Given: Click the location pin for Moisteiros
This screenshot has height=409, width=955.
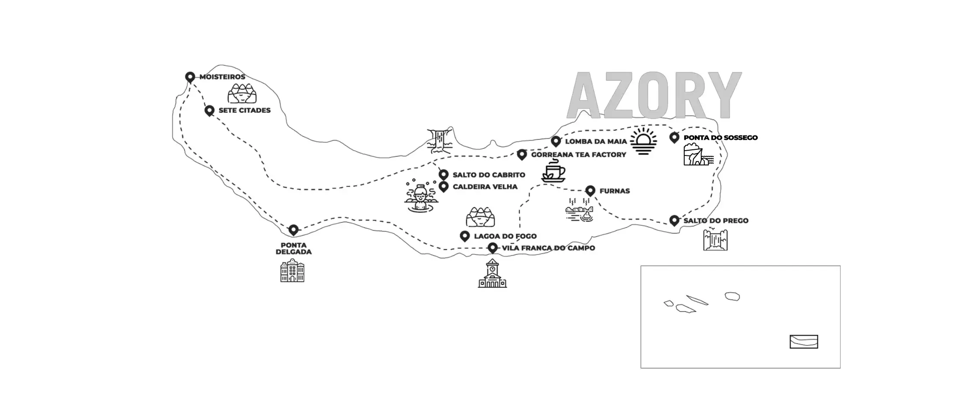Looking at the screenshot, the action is tap(189, 77).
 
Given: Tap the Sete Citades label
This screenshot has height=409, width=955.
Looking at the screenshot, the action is tap(244, 110).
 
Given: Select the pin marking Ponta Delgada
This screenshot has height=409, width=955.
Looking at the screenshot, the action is tap(294, 230).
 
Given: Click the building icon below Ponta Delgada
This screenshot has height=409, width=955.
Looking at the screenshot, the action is tap(292, 270).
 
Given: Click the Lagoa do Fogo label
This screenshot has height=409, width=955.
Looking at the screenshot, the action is tap(505, 236).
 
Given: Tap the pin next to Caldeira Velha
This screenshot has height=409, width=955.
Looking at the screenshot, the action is tap(444, 187).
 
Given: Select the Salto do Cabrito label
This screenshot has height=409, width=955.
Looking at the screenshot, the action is tap(489, 175).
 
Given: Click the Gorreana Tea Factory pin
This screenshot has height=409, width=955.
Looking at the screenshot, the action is tap(522, 155).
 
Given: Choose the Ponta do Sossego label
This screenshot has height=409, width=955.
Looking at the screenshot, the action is tap(720, 138).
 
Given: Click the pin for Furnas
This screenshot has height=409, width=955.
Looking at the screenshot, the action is tap(590, 191).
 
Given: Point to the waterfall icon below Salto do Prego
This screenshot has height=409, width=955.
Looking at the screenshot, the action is tap(715, 239).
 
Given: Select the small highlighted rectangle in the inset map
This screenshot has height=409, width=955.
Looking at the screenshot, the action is tap(804, 342).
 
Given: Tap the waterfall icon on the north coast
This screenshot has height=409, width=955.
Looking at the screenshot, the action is tap(440, 141).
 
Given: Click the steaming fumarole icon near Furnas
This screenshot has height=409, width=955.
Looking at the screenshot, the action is tap(580, 210).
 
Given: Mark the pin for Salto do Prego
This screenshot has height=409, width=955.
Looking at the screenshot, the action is tap(674, 221).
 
